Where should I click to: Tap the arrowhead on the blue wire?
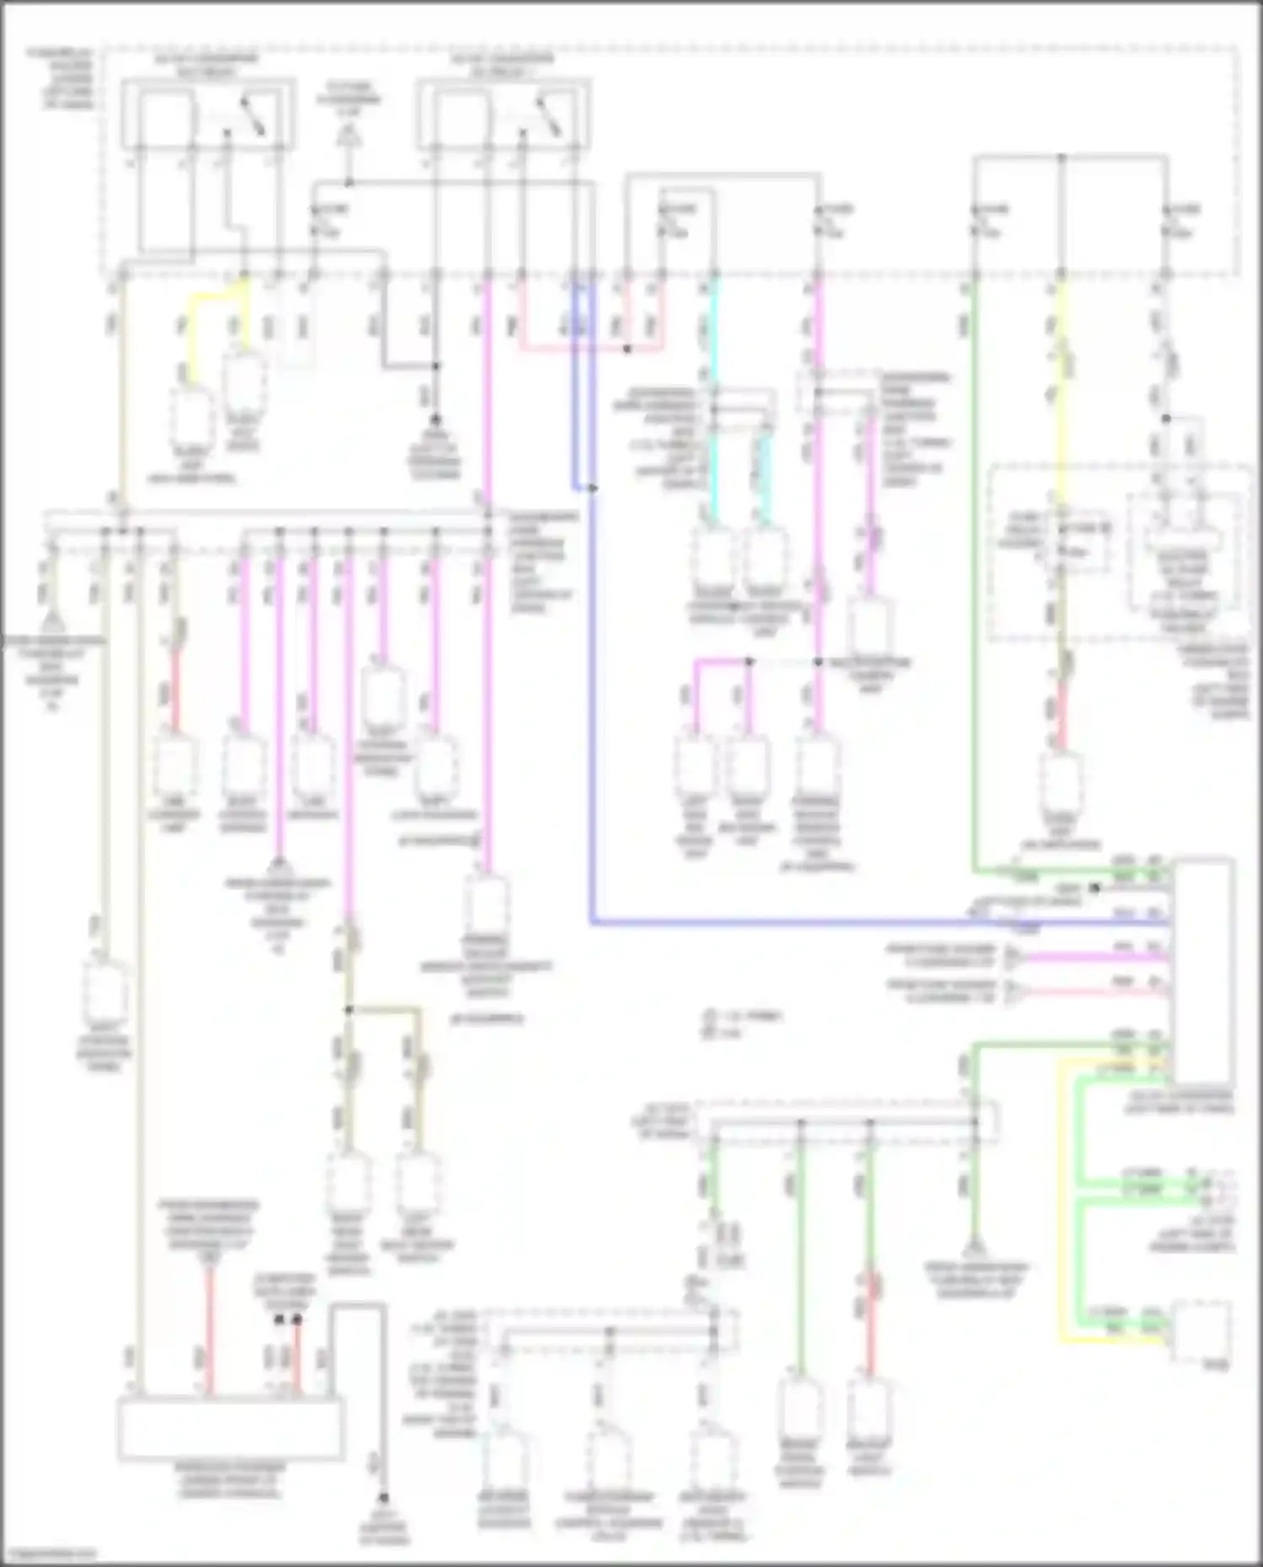click(x=594, y=488)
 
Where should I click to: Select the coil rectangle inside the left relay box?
click(x=166, y=118)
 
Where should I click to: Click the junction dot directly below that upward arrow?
click(x=349, y=182)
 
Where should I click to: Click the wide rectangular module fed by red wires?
click(x=231, y=1429)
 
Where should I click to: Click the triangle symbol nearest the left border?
click(x=52, y=624)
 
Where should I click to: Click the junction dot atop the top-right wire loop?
click(x=1062, y=157)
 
